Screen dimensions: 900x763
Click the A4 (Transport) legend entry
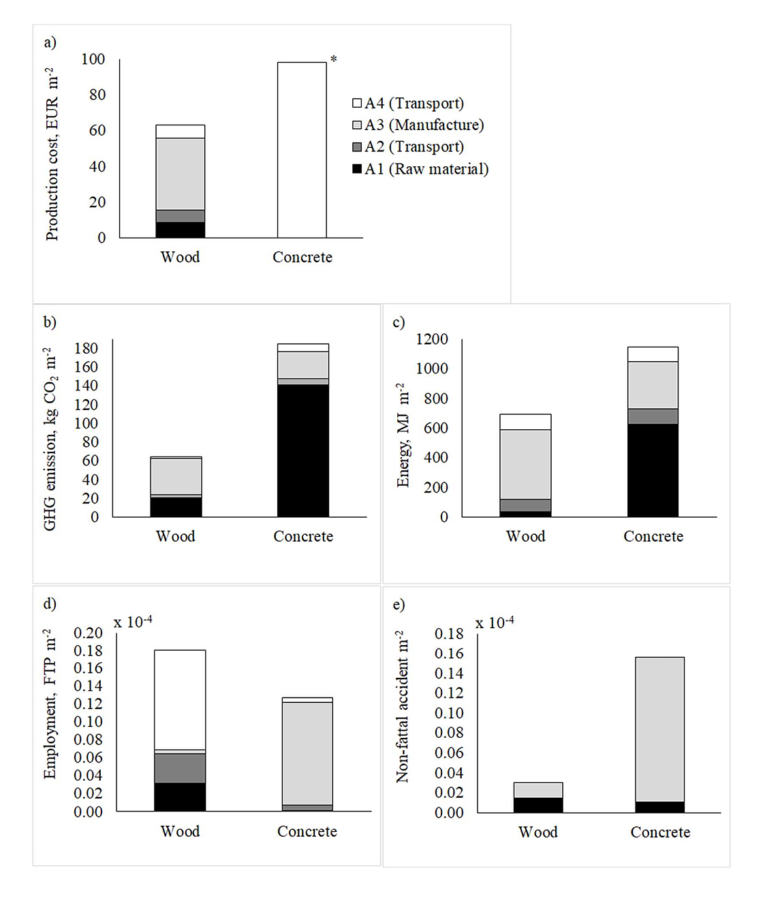point(407,104)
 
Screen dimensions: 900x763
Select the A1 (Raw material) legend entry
point(420,169)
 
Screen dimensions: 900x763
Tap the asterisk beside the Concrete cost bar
point(334,60)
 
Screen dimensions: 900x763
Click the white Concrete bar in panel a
point(302,150)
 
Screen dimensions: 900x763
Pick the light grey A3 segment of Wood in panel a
point(181,174)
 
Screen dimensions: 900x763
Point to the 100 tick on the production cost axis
point(93,59)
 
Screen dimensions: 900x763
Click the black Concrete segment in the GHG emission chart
point(303,450)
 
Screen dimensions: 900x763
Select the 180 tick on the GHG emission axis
point(86,348)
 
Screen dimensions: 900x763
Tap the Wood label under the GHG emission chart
point(176,536)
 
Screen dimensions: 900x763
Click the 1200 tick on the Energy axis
point(432,339)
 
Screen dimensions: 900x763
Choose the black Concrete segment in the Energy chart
point(653,470)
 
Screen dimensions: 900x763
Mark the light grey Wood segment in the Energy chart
point(525,464)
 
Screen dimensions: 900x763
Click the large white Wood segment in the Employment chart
point(180,699)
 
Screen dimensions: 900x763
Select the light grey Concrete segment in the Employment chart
point(307,753)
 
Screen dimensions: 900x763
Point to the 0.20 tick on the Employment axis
point(88,633)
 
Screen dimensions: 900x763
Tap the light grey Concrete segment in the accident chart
point(659,729)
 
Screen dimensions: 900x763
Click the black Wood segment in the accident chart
point(538,805)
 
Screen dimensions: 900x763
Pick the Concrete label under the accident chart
point(660,832)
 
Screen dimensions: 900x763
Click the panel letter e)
point(399,604)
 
